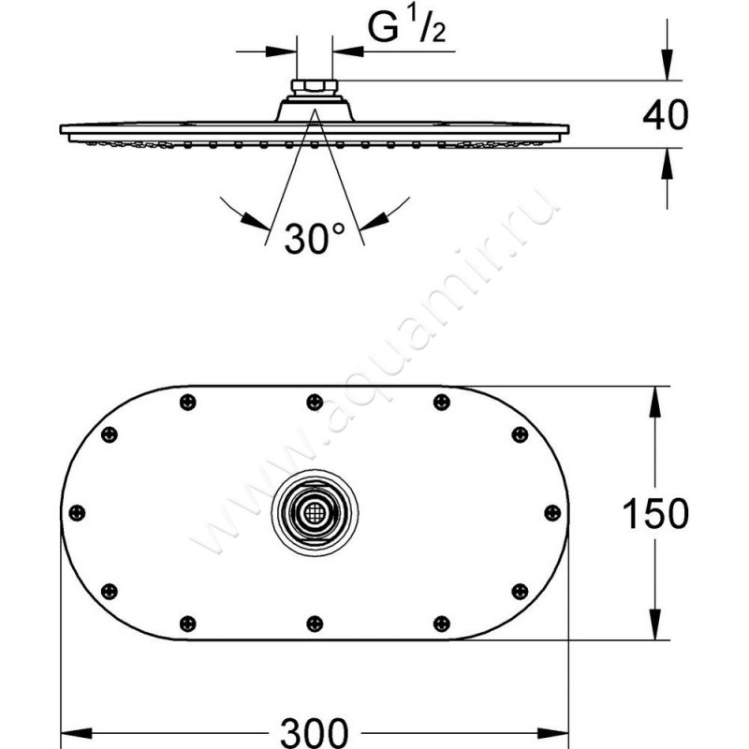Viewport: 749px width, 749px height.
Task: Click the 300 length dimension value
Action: (x=316, y=729)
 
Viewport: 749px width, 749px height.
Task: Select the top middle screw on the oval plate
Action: (x=315, y=403)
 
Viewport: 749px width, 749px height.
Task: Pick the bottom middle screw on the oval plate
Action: (x=315, y=622)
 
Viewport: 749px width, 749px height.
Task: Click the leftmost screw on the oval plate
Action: (x=78, y=512)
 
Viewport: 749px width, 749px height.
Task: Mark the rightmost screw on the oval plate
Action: (x=552, y=512)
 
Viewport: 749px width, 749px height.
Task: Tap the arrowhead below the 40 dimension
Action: (x=666, y=159)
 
